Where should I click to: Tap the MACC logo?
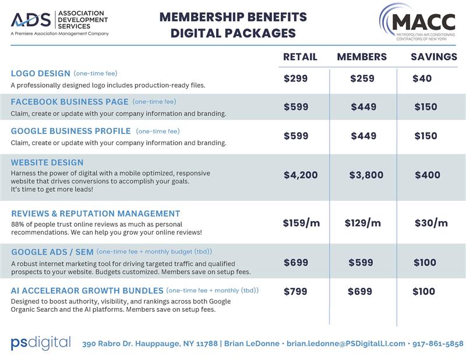tap(416, 22)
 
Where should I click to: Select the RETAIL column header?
tap(300, 57)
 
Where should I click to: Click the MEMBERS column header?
tap(362, 57)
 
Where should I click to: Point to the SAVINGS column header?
tap(434, 57)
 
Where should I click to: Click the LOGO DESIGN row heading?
tap(40, 73)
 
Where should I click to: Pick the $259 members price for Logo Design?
tap(362, 79)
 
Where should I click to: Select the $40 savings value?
tap(422, 79)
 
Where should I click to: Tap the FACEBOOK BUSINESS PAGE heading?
tap(69, 101)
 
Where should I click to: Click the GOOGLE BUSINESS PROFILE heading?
tap(70, 131)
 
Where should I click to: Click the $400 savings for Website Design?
tap(428, 175)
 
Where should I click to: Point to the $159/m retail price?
tap(301, 223)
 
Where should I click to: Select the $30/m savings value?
tap(431, 223)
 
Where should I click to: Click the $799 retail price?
tap(295, 291)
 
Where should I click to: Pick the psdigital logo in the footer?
tap(41, 343)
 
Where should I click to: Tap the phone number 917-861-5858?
tap(438, 344)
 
